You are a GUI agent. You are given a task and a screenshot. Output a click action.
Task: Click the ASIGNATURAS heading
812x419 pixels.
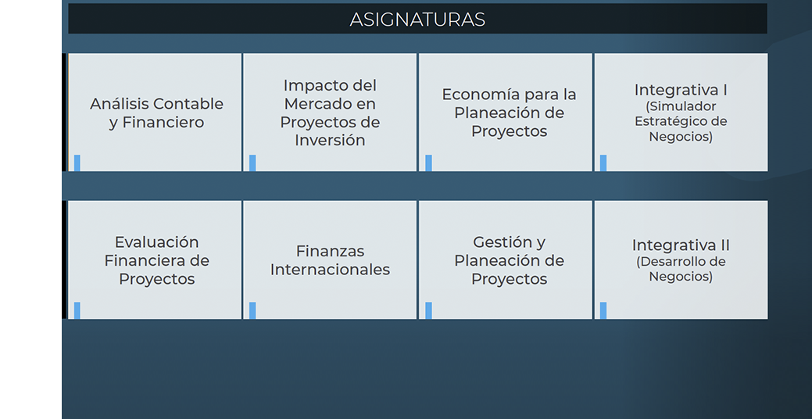(417, 20)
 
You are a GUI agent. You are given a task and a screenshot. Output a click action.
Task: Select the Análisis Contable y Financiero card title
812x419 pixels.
(156, 113)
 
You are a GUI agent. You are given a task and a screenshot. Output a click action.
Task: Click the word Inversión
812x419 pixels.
(330, 141)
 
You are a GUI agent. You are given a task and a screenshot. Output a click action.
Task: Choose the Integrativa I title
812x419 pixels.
(681, 90)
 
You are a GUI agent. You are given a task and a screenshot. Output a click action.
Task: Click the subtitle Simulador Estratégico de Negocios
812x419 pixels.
(681, 121)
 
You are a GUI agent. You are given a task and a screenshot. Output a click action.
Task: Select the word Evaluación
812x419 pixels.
(156, 242)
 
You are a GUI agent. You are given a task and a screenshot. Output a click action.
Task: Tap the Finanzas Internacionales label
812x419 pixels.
(330, 260)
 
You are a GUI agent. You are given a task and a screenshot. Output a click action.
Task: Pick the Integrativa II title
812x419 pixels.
(681, 245)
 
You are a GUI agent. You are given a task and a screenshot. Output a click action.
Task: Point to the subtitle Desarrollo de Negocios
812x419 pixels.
(681, 269)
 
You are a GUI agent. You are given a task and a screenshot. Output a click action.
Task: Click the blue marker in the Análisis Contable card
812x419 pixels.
(77, 163)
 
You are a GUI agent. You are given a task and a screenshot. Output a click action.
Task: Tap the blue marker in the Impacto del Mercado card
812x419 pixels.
(252, 163)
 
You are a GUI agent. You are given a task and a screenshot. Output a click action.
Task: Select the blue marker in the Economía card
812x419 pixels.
(428, 163)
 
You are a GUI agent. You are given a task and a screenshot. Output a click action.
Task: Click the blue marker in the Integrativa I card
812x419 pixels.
(603, 163)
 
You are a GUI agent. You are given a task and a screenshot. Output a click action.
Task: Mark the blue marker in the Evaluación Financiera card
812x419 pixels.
(77, 310)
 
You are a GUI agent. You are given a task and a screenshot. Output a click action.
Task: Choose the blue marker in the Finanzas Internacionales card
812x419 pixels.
(252, 310)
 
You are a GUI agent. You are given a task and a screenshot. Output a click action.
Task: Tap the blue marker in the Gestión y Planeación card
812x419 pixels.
(428, 310)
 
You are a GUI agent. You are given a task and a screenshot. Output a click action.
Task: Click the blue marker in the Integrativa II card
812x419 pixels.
(603, 310)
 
